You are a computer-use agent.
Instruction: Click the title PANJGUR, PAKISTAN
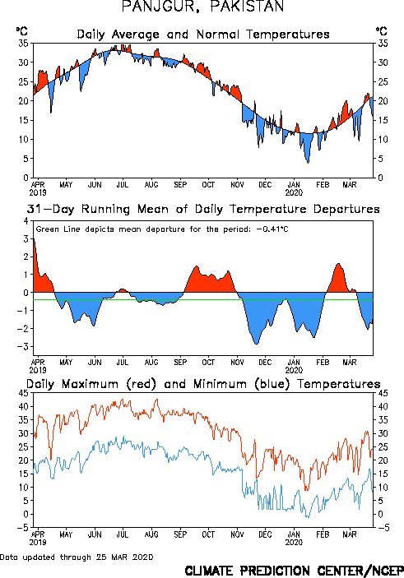click(202, 7)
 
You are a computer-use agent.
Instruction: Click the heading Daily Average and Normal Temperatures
click(203, 35)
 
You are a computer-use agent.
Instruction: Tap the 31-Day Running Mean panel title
click(203, 209)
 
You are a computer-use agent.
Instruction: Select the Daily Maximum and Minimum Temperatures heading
click(203, 384)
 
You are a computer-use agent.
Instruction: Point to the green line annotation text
click(162, 229)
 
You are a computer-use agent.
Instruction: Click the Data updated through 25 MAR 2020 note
click(77, 557)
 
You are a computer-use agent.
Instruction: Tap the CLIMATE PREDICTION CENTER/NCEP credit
click(294, 571)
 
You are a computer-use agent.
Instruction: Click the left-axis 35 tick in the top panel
click(23, 43)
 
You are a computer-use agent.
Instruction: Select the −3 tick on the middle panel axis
click(23, 346)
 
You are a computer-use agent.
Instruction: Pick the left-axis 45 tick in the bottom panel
click(23, 393)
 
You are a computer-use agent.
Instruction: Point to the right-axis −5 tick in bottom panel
click(383, 528)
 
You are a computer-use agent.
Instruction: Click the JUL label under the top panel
click(123, 184)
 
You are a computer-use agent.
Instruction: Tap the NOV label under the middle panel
click(237, 363)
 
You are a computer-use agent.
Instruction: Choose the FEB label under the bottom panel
click(323, 534)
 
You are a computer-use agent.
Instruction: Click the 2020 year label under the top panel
click(294, 192)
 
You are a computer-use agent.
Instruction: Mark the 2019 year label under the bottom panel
click(38, 543)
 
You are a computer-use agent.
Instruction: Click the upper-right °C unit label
click(382, 31)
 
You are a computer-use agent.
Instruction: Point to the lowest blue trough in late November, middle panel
click(257, 344)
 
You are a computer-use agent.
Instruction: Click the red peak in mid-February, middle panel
click(338, 264)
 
